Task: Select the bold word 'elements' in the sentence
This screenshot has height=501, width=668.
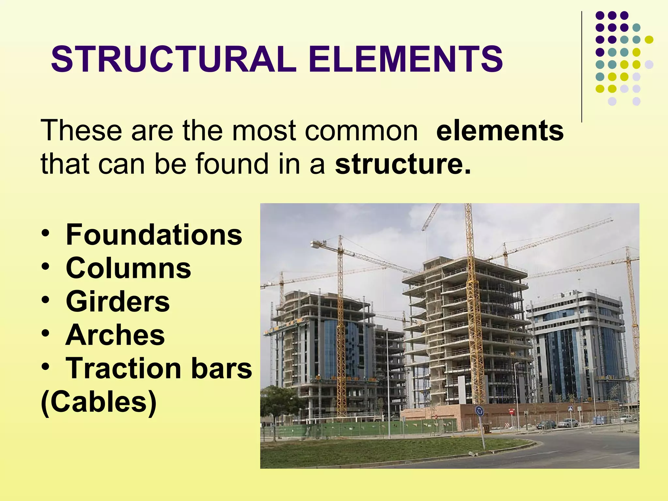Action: [500, 130]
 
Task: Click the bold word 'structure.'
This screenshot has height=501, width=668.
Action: [403, 164]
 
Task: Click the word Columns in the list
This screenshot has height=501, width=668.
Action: [128, 268]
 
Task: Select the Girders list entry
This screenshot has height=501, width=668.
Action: [118, 301]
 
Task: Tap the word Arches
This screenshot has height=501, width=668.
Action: [115, 335]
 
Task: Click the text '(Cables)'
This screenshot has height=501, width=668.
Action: [99, 402]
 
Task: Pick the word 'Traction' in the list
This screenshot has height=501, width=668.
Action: [123, 368]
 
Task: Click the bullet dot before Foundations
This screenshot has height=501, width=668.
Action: [46, 234]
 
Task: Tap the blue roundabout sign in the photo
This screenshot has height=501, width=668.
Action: [479, 411]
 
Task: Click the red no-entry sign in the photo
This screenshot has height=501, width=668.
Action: [511, 412]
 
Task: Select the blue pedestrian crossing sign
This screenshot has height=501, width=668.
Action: [570, 408]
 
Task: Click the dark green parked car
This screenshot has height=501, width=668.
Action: [546, 424]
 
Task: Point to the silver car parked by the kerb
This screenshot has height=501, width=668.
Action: [568, 423]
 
